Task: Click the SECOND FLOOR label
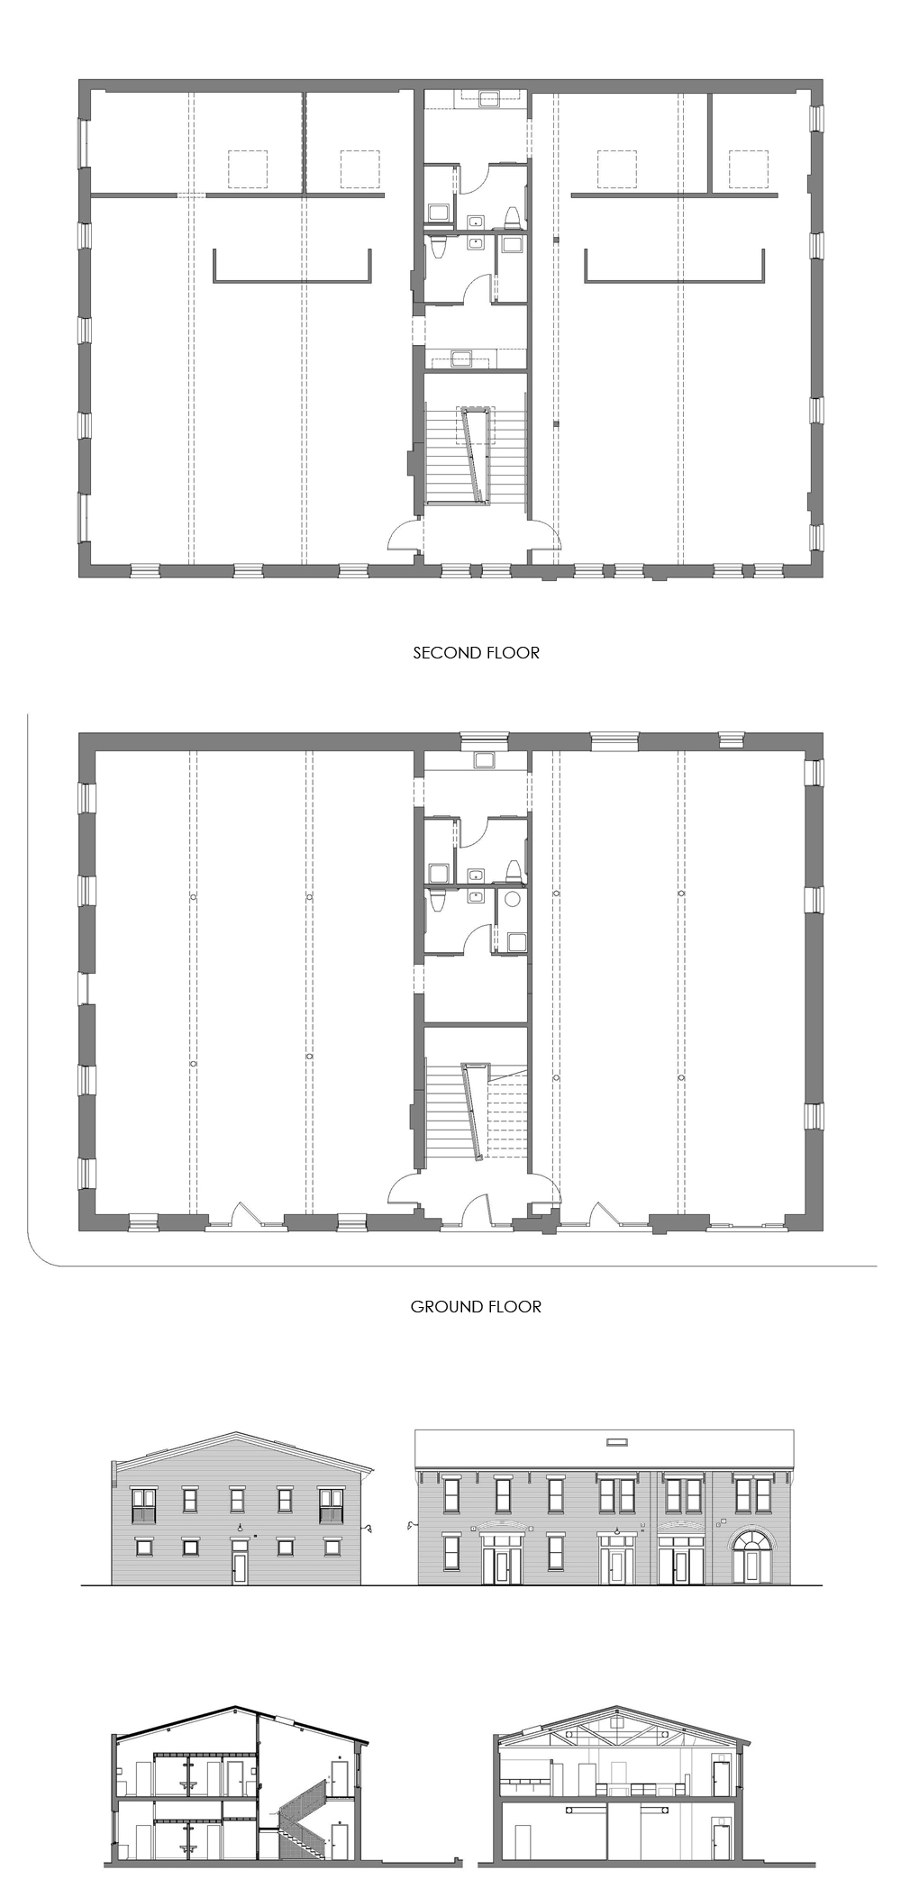click(x=476, y=653)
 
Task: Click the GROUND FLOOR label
click(x=476, y=1307)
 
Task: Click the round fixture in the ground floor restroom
click(x=514, y=898)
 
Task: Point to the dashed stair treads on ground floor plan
click(x=507, y=1113)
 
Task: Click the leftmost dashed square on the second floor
click(x=248, y=168)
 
